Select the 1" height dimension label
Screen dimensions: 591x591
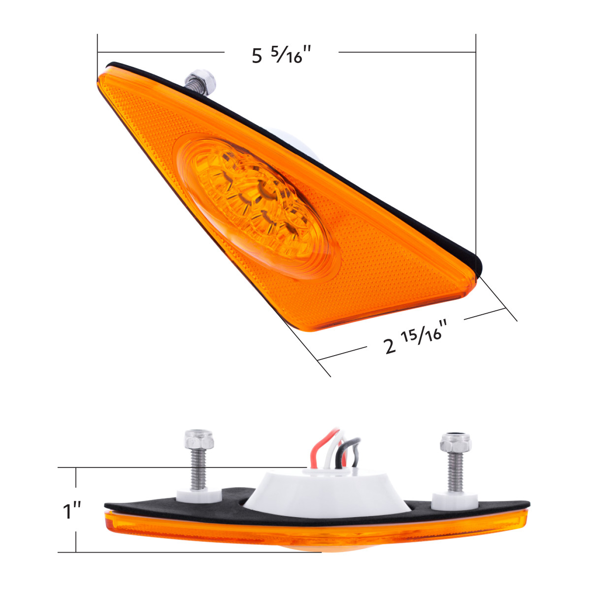pyautogui.click(x=72, y=511)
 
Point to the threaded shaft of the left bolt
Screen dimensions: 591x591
pyautogui.click(x=200, y=468)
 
